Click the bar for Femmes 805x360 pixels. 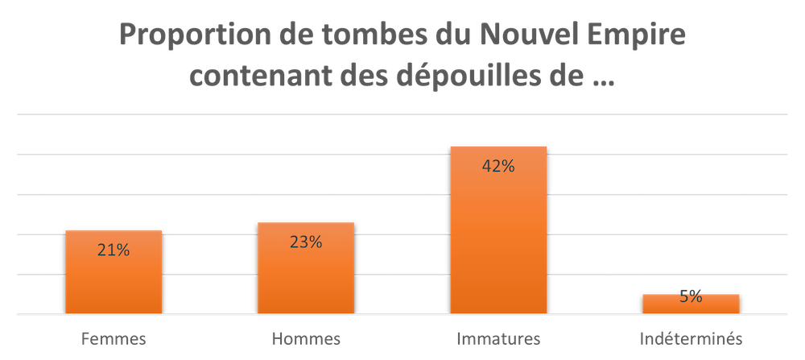(114, 271)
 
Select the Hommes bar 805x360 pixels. (306, 267)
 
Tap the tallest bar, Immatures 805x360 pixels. (498, 230)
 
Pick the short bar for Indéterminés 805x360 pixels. (691, 304)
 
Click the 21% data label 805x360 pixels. (114, 250)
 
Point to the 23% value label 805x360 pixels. (306, 242)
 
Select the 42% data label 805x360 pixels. (498, 166)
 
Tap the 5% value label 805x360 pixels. (691, 296)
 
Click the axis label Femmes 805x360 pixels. (114, 339)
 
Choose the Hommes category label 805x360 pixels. (306, 339)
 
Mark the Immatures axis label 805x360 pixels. (498, 339)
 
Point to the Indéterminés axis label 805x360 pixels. (691, 339)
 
